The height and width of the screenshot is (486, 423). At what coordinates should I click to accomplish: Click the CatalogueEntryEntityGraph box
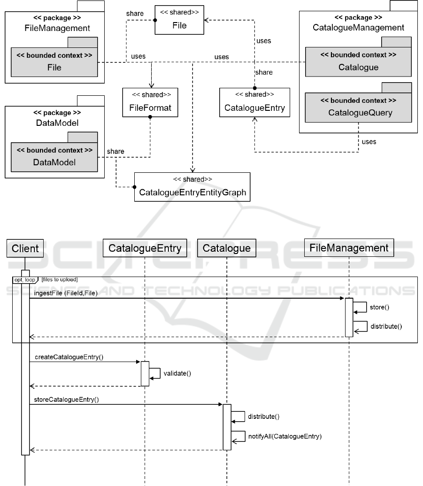(x=192, y=187)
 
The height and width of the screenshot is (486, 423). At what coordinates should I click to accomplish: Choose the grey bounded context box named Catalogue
(x=358, y=62)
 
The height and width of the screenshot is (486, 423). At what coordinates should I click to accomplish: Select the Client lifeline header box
(x=25, y=248)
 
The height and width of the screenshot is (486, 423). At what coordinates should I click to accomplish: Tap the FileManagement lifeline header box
(x=349, y=247)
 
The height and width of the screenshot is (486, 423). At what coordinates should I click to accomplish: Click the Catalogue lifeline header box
(x=227, y=248)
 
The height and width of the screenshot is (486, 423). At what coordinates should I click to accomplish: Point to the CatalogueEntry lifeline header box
(x=145, y=248)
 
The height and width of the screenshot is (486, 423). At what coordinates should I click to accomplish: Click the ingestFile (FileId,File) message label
(x=66, y=293)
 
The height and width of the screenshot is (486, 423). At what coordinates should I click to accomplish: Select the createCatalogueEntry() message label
(x=69, y=357)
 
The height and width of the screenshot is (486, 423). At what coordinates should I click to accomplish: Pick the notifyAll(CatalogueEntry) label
(x=285, y=436)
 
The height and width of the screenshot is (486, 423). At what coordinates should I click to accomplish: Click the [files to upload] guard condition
(x=60, y=280)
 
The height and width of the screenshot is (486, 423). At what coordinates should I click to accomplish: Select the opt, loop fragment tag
(x=25, y=280)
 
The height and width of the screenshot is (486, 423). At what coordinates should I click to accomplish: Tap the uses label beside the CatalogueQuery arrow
(x=369, y=141)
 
